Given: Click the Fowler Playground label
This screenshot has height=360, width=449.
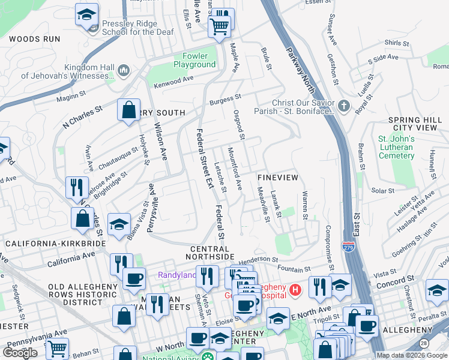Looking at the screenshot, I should [194, 60].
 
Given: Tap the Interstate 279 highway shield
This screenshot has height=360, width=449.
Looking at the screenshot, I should [348, 247].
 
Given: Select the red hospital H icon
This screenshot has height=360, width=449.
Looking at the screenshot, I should [295, 290].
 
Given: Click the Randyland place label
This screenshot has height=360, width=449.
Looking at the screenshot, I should [176, 275].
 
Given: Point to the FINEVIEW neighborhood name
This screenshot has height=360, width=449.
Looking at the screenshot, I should [277, 179].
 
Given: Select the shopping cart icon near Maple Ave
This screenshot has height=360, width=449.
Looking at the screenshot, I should [219, 25].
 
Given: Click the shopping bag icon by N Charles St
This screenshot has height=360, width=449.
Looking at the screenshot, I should [128, 110].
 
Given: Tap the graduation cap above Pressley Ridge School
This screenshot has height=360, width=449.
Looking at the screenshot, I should [86, 14].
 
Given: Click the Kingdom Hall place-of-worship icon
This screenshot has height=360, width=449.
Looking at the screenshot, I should [124, 71].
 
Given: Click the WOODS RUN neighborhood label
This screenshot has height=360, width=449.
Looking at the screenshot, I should [34, 39].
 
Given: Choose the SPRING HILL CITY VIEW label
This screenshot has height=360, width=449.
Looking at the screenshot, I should [415, 124].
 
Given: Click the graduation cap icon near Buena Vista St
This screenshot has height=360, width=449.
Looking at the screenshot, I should [119, 224].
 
